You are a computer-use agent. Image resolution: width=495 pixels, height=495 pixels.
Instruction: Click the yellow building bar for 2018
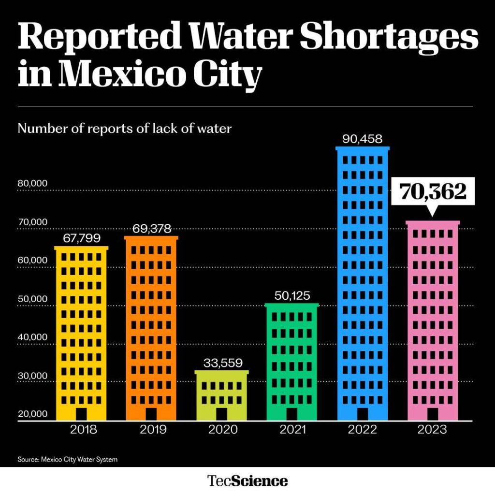(x=81, y=334)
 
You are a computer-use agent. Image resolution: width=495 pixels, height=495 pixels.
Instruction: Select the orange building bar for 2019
(x=151, y=329)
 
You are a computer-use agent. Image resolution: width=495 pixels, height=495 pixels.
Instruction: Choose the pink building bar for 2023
(x=433, y=321)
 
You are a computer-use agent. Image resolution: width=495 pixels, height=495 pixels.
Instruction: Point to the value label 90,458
(x=362, y=139)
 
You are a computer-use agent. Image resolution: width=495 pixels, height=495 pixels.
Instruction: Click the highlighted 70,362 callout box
(x=433, y=192)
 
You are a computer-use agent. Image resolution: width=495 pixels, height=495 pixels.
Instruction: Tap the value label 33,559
(x=222, y=363)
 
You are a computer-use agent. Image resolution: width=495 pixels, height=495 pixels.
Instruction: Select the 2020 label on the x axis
(x=222, y=429)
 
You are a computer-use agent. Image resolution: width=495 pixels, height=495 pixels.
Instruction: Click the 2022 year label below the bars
(x=362, y=429)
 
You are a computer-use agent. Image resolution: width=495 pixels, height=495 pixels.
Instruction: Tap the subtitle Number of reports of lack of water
(x=125, y=129)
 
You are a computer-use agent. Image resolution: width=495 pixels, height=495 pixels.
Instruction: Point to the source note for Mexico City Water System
(x=67, y=459)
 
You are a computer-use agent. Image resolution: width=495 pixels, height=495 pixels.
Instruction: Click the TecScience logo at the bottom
(x=247, y=481)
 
